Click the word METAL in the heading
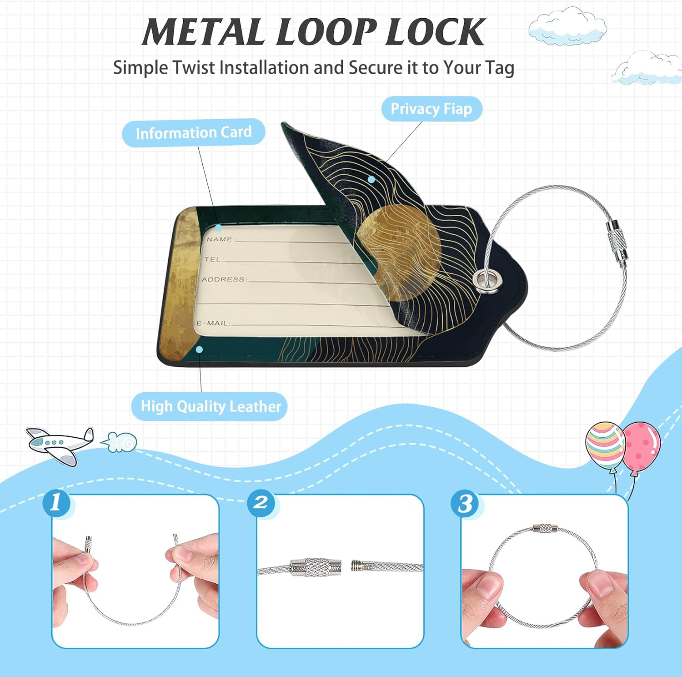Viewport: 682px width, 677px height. (x=203, y=32)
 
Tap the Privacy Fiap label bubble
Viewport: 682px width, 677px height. (x=431, y=109)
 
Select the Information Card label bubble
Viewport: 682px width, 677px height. (x=193, y=133)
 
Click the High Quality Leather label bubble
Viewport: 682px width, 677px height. (x=210, y=406)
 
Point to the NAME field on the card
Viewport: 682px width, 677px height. (x=219, y=239)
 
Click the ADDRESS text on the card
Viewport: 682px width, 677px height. (x=223, y=279)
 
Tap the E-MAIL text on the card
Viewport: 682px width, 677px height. (x=213, y=323)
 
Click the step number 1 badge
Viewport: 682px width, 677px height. (x=56, y=503)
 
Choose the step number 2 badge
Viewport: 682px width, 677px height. (x=261, y=503)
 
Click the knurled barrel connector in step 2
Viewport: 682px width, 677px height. (x=316, y=567)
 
